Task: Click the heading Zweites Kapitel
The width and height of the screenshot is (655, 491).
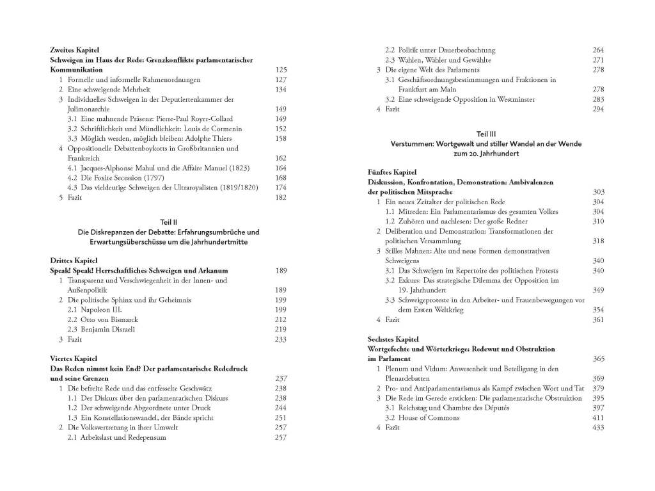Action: (x=74, y=50)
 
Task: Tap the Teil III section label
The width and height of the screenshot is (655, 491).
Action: (x=486, y=134)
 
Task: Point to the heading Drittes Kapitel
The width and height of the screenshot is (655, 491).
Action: (x=72, y=261)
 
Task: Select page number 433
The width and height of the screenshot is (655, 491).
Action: (x=598, y=428)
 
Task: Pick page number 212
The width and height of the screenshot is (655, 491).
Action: (x=280, y=319)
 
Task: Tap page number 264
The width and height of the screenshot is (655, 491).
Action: (x=598, y=50)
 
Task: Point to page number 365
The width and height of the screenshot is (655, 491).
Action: (x=598, y=358)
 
